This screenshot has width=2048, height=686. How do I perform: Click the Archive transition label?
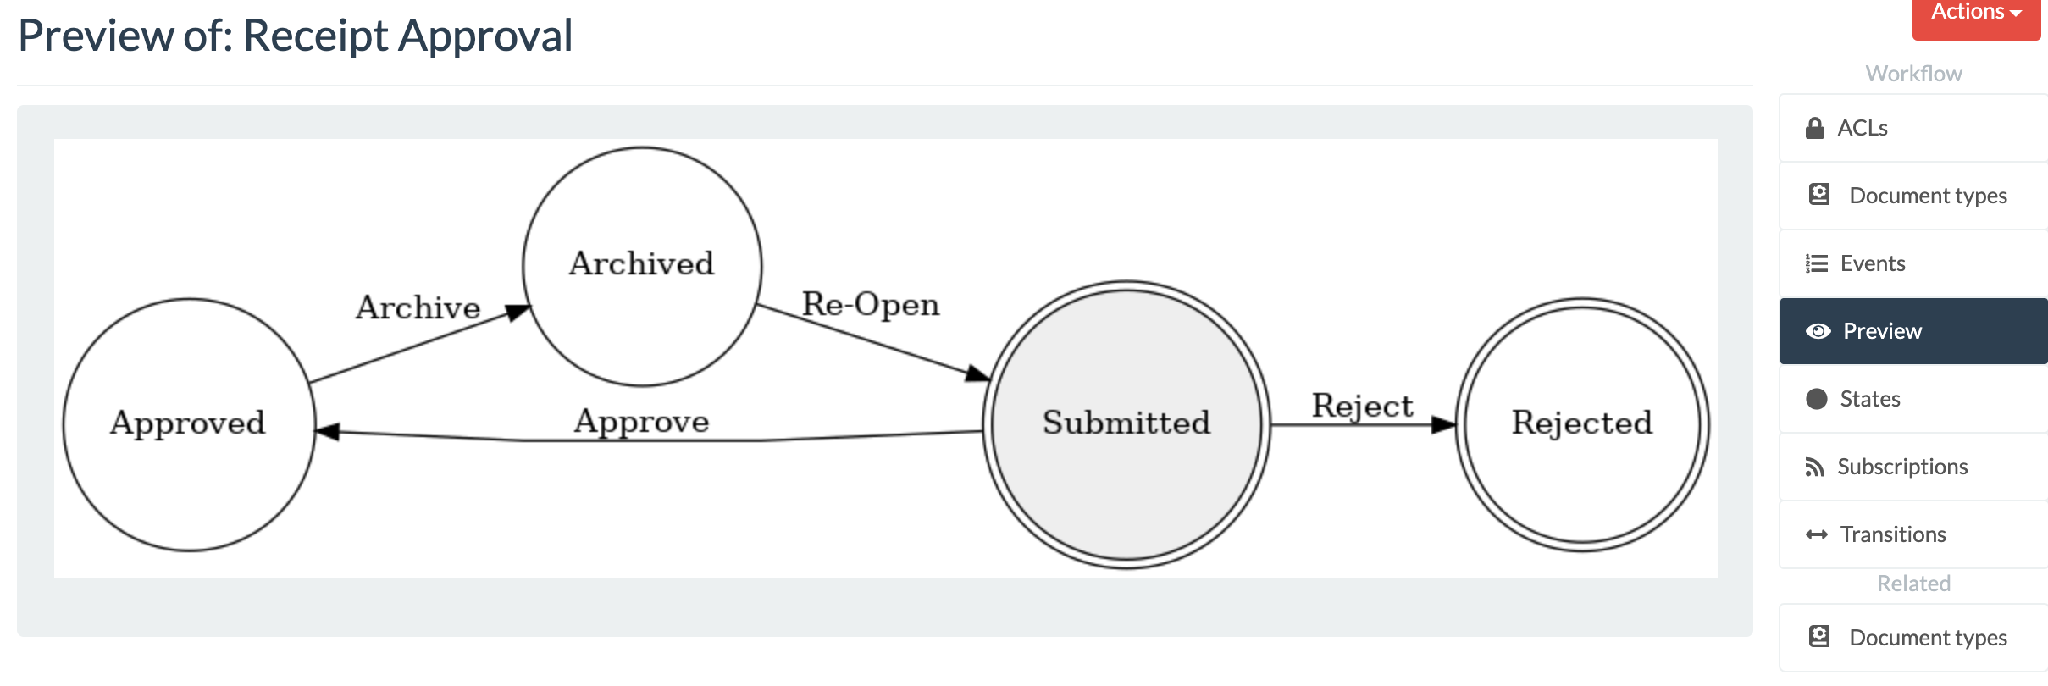coord(418,307)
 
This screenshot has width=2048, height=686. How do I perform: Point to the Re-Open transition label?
coord(871,304)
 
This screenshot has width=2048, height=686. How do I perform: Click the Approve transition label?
coord(641,421)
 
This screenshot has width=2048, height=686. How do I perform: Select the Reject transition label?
coord(1362,406)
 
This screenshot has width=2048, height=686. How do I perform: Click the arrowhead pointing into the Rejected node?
coord(1442,424)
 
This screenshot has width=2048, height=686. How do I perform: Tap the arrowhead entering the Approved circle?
coord(328,432)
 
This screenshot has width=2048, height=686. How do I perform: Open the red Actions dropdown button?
coord(1975,14)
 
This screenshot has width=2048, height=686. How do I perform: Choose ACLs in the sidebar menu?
coord(1862,128)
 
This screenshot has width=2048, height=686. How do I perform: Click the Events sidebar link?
coord(1872,263)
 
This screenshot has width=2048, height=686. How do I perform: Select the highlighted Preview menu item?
coord(1882,331)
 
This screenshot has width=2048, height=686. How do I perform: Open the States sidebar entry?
coord(1869,399)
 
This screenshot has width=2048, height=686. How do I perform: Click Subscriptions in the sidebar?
coord(1901,467)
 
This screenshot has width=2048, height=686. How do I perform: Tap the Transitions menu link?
coord(1892,534)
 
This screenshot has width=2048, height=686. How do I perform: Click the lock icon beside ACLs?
coord(1814,128)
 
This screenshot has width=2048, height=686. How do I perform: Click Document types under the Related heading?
coord(1927,638)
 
